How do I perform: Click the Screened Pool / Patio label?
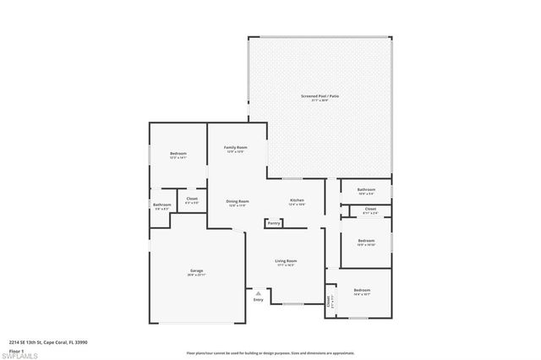tap(320, 96)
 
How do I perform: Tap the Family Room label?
tap(235, 148)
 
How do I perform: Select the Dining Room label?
tap(238, 201)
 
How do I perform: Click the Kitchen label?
tap(297, 201)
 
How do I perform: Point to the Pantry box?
tap(274, 223)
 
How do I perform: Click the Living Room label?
tap(286, 262)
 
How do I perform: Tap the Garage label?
tap(196, 272)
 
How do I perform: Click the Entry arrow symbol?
tap(259, 292)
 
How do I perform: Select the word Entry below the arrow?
tap(259, 300)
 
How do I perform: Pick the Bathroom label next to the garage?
tap(161, 205)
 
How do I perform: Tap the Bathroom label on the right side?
tap(366, 190)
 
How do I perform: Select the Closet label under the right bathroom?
tap(370, 209)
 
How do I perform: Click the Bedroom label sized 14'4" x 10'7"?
tap(362, 291)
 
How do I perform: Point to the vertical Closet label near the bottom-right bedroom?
tap(329, 301)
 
